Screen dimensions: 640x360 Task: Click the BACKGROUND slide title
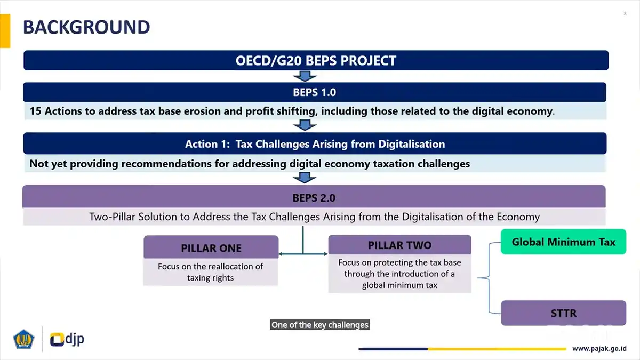coord(86,27)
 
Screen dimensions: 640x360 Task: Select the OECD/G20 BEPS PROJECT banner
coord(316,60)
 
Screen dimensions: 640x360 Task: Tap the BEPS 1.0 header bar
coord(315,92)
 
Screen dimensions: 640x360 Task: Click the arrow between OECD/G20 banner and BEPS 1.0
coord(305,76)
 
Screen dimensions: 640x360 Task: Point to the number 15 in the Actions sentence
coord(35,111)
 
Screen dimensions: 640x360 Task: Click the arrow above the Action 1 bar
coord(305,125)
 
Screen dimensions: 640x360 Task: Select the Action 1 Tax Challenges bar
coord(315,143)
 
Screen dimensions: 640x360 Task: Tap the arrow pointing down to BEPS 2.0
coord(305,178)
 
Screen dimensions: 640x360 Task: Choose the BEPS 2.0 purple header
coord(314,197)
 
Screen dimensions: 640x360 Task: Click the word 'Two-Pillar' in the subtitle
coord(113,217)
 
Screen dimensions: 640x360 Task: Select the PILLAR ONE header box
coord(211,247)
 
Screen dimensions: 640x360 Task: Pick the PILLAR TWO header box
coord(399,245)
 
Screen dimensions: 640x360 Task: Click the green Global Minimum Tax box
coord(563,242)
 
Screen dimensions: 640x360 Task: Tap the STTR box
coord(563,313)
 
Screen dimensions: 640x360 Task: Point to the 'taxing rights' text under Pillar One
coord(210,278)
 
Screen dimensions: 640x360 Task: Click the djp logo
coord(67,339)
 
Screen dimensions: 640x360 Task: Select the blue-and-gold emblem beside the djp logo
coord(23,339)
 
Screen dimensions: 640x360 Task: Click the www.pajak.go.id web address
coord(599,349)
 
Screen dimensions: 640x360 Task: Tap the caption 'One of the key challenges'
coord(319,325)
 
